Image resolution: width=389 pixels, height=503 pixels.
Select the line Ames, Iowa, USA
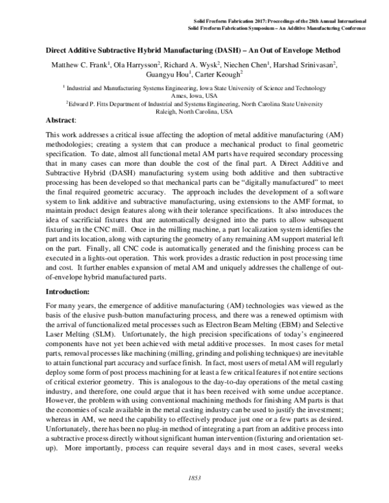pyautogui.click(x=194, y=93)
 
